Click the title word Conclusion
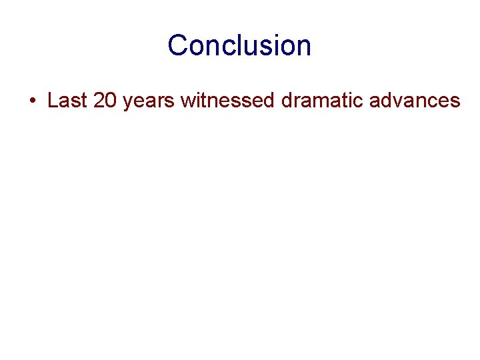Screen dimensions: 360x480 (x=239, y=45)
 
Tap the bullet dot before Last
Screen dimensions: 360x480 (x=32, y=101)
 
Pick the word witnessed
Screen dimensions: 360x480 (x=227, y=101)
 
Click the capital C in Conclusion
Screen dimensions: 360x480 (x=178, y=45)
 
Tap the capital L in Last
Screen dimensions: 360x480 (x=53, y=101)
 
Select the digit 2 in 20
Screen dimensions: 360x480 (x=99, y=101)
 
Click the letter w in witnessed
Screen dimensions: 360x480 (x=188, y=101)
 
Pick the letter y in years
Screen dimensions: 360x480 (x=128, y=103)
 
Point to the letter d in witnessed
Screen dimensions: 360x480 (x=267, y=101)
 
